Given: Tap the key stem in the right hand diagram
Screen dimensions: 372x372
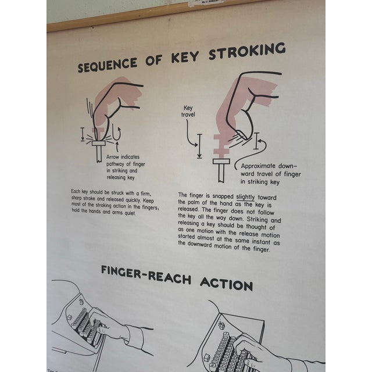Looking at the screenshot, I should (x=221, y=171).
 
